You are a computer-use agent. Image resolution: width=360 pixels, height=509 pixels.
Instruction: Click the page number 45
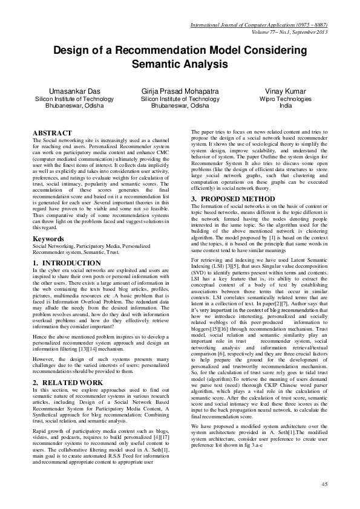pyautogui.click(x=324, y=485)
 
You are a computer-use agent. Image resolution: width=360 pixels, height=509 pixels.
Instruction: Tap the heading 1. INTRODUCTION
pyautogui.click(x=67, y=263)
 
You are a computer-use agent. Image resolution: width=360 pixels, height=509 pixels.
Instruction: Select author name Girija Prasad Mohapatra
pyautogui.click(x=180, y=92)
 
